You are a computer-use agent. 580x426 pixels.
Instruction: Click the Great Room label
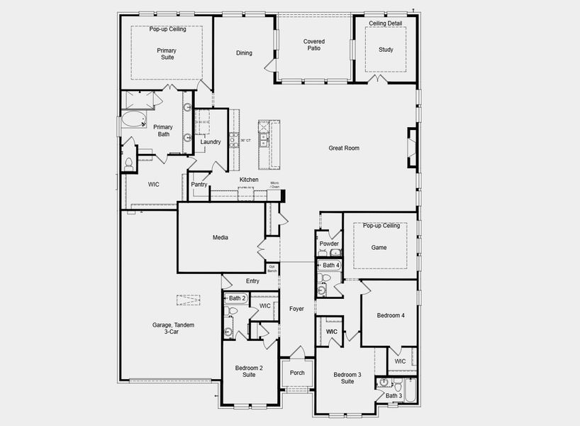click(x=343, y=148)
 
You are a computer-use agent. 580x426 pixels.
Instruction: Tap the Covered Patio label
click(x=314, y=45)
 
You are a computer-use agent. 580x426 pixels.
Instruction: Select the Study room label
click(x=386, y=50)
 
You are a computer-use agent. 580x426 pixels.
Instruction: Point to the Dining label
click(x=244, y=53)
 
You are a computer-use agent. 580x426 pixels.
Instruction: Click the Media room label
click(x=220, y=238)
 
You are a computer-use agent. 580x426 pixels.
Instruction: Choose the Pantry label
click(x=199, y=185)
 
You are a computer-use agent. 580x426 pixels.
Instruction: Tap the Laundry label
click(x=211, y=142)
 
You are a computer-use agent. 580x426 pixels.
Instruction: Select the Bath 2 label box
click(x=237, y=298)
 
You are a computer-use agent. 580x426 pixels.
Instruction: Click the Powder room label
click(x=329, y=244)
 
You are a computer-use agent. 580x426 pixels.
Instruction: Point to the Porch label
click(x=297, y=373)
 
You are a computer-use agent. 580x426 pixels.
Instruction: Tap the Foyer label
click(x=296, y=309)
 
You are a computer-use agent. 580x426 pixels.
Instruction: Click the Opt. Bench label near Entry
click(x=272, y=268)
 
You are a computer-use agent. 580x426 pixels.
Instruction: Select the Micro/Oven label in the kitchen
click(x=275, y=185)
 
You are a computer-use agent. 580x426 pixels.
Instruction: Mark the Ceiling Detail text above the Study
click(x=385, y=23)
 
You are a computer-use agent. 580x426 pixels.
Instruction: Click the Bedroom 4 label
click(x=391, y=315)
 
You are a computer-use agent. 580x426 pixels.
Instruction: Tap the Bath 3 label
click(x=394, y=395)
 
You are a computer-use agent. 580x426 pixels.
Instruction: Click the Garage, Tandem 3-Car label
click(x=173, y=328)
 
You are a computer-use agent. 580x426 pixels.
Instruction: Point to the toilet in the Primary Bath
click(x=129, y=163)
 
